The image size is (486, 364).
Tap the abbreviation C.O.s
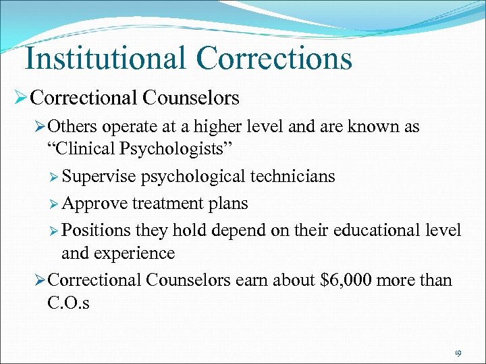click(68, 303)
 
